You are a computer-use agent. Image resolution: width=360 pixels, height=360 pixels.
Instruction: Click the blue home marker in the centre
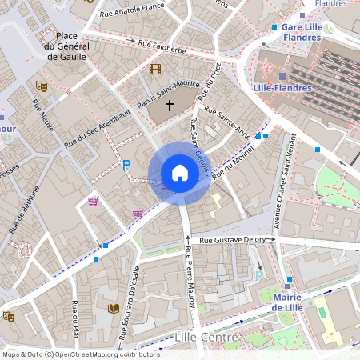click(x=179, y=172)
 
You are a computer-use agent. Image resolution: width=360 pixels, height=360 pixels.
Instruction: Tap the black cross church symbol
click(x=169, y=105)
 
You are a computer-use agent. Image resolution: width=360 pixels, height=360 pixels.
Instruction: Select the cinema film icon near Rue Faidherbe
click(x=154, y=69)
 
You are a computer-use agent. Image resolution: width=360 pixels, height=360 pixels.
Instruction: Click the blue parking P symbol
click(x=126, y=165)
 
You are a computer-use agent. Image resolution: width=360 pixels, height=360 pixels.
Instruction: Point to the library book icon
click(x=113, y=308)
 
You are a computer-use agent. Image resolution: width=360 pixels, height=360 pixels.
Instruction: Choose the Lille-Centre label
click(x=206, y=338)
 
